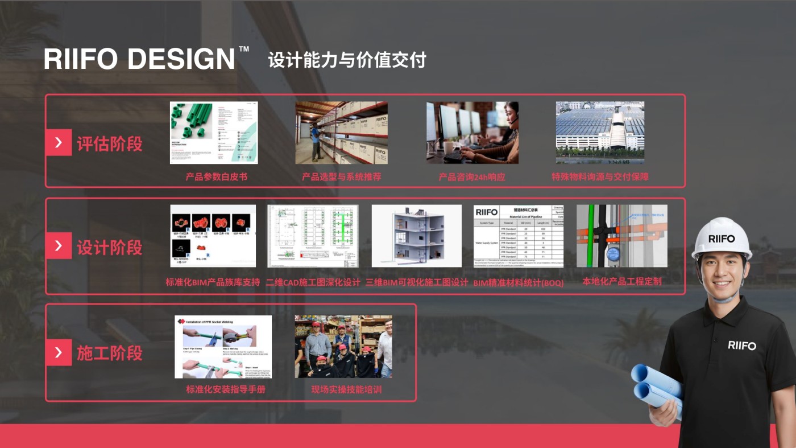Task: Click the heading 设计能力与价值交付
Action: pyautogui.click(x=347, y=60)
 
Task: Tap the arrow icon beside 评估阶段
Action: pyautogui.click(x=59, y=142)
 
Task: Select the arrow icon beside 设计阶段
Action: pyautogui.click(x=59, y=246)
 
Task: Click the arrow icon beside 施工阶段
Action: pyautogui.click(x=59, y=352)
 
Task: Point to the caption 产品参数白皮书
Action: pyautogui.click(x=216, y=177)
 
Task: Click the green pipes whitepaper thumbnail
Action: pyautogui.click(x=214, y=133)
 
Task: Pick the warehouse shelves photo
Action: pyautogui.click(x=341, y=133)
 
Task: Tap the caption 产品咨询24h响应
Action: pyautogui.click(x=471, y=177)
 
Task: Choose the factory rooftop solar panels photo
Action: pyautogui.click(x=600, y=133)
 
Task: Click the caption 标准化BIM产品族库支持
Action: pyautogui.click(x=213, y=282)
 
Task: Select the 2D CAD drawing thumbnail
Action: pyautogui.click(x=313, y=236)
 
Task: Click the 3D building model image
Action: pyautogui.click(x=416, y=236)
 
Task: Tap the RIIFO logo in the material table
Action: pyautogui.click(x=486, y=212)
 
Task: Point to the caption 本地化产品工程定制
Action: pyautogui.click(x=621, y=281)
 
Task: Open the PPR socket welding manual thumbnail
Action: pyautogui.click(x=223, y=347)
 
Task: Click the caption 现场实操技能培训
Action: pyautogui.click(x=346, y=390)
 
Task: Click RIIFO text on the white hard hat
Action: pyautogui.click(x=721, y=239)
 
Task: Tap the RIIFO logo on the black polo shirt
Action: pyautogui.click(x=742, y=345)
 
